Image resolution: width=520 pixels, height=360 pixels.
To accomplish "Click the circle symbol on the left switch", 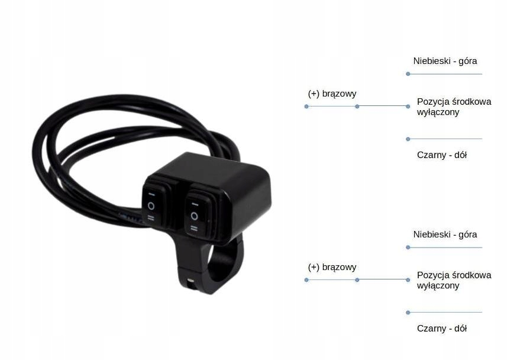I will point(151,205).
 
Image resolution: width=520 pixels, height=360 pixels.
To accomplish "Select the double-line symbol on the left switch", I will point(151,218).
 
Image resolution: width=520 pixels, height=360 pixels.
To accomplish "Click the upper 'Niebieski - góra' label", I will point(445,61).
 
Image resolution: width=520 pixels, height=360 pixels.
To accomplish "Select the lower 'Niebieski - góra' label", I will point(445,234).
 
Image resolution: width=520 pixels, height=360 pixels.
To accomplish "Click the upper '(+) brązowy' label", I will point(332,94).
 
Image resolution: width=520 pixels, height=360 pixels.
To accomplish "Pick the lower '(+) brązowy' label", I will point(332,267).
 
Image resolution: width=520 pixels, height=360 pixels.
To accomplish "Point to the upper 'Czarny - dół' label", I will point(442,155).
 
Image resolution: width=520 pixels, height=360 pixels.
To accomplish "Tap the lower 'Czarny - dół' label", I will point(442,329).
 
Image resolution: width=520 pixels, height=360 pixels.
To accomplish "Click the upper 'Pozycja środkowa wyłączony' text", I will point(454,107).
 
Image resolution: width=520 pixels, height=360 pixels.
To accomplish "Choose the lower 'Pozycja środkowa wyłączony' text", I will point(454,280).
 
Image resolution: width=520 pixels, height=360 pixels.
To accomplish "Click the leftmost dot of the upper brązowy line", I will point(306,107).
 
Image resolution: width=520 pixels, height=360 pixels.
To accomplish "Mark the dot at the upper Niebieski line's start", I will point(408,74).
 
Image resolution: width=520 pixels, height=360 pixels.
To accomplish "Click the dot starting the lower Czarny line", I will point(408,313).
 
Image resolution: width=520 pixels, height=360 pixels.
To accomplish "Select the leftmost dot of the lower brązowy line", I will point(306,280).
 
